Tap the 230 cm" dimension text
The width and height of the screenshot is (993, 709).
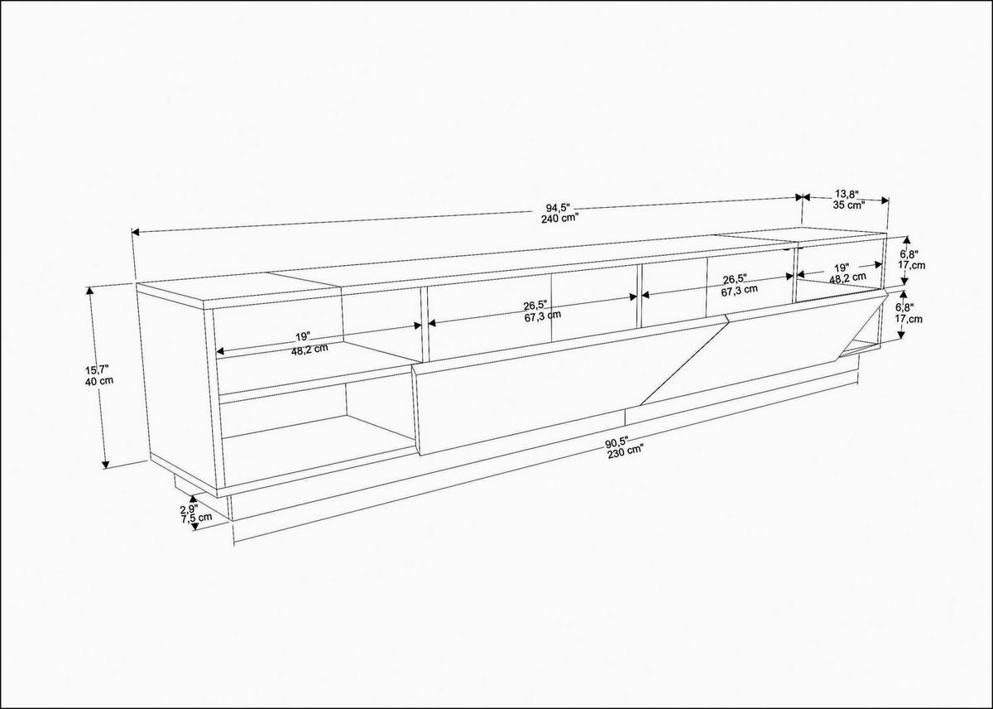(625, 451)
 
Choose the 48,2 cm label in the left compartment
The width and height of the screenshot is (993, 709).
(309, 349)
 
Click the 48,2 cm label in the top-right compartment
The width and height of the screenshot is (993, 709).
(847, 278)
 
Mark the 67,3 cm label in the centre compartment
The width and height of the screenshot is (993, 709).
(542, 315)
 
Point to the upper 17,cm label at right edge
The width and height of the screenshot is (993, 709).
(911, 266)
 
